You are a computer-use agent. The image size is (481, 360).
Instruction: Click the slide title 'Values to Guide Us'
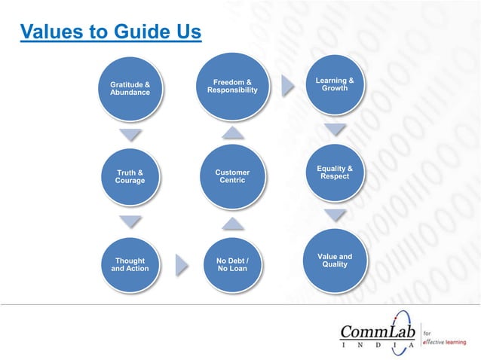tap(111, 32)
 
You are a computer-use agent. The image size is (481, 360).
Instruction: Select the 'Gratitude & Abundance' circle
tap(130, 89)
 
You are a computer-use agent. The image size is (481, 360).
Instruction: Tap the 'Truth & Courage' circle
tap(130, 177)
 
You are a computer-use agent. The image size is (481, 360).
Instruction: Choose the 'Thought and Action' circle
tap(130, 264)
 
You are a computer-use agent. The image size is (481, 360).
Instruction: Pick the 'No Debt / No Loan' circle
tap(232, 264)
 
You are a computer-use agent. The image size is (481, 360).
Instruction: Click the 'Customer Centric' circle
tap(232, 177)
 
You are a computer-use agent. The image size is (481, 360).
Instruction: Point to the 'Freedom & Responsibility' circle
tap(232, 87)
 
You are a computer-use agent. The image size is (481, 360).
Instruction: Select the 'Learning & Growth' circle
tap(335, 85)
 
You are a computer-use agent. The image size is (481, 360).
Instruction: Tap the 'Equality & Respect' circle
tap(335, 173)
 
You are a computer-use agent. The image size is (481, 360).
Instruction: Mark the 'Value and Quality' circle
tap(335, 261)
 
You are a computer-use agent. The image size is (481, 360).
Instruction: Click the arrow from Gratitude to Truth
tap(130, 136)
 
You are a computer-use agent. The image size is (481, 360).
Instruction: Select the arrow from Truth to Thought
tap(130, 221)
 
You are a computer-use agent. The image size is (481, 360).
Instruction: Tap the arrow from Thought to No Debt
tap(182, 264)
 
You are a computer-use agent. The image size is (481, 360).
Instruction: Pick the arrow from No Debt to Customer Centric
tap(232, 222)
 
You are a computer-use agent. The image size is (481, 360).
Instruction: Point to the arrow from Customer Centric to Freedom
tap(232, 133)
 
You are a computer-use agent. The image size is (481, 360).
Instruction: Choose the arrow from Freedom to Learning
tap(287, 86)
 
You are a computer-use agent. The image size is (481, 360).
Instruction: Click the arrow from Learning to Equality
tap(335, 129)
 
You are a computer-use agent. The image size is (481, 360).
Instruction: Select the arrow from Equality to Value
tap(335, 216)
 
